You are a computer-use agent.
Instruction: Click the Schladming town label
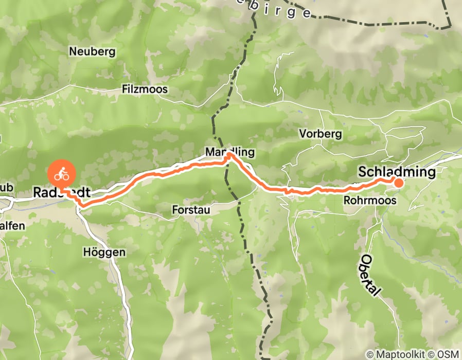398,171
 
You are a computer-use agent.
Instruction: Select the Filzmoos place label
145,89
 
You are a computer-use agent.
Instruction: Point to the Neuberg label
92,51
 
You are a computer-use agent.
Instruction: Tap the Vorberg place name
321,134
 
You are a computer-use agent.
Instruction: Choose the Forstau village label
191,210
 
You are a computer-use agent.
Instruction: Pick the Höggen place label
103,253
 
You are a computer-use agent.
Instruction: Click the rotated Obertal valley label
370,275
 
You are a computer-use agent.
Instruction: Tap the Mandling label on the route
229,153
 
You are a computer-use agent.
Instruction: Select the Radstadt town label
62,192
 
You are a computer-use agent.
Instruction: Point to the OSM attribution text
447,354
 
